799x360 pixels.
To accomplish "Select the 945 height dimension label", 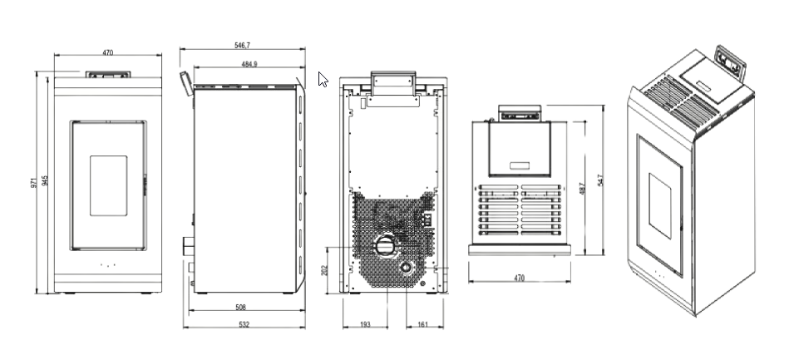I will click(x=45, y=181).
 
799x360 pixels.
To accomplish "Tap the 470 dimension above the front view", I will click(x=107, y=52).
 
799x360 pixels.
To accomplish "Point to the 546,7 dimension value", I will click(x=243, y=47).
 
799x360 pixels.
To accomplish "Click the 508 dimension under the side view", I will click(x=240, y=308).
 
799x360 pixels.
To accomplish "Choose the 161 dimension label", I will click(x=422, y=323).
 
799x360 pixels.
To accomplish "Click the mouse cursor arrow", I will click(x=323, y=80).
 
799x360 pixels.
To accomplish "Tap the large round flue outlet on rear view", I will click(x=384, y=246).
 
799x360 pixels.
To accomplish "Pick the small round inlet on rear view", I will click(x=406, y=269).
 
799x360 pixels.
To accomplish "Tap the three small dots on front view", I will click(x=106, y=266).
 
